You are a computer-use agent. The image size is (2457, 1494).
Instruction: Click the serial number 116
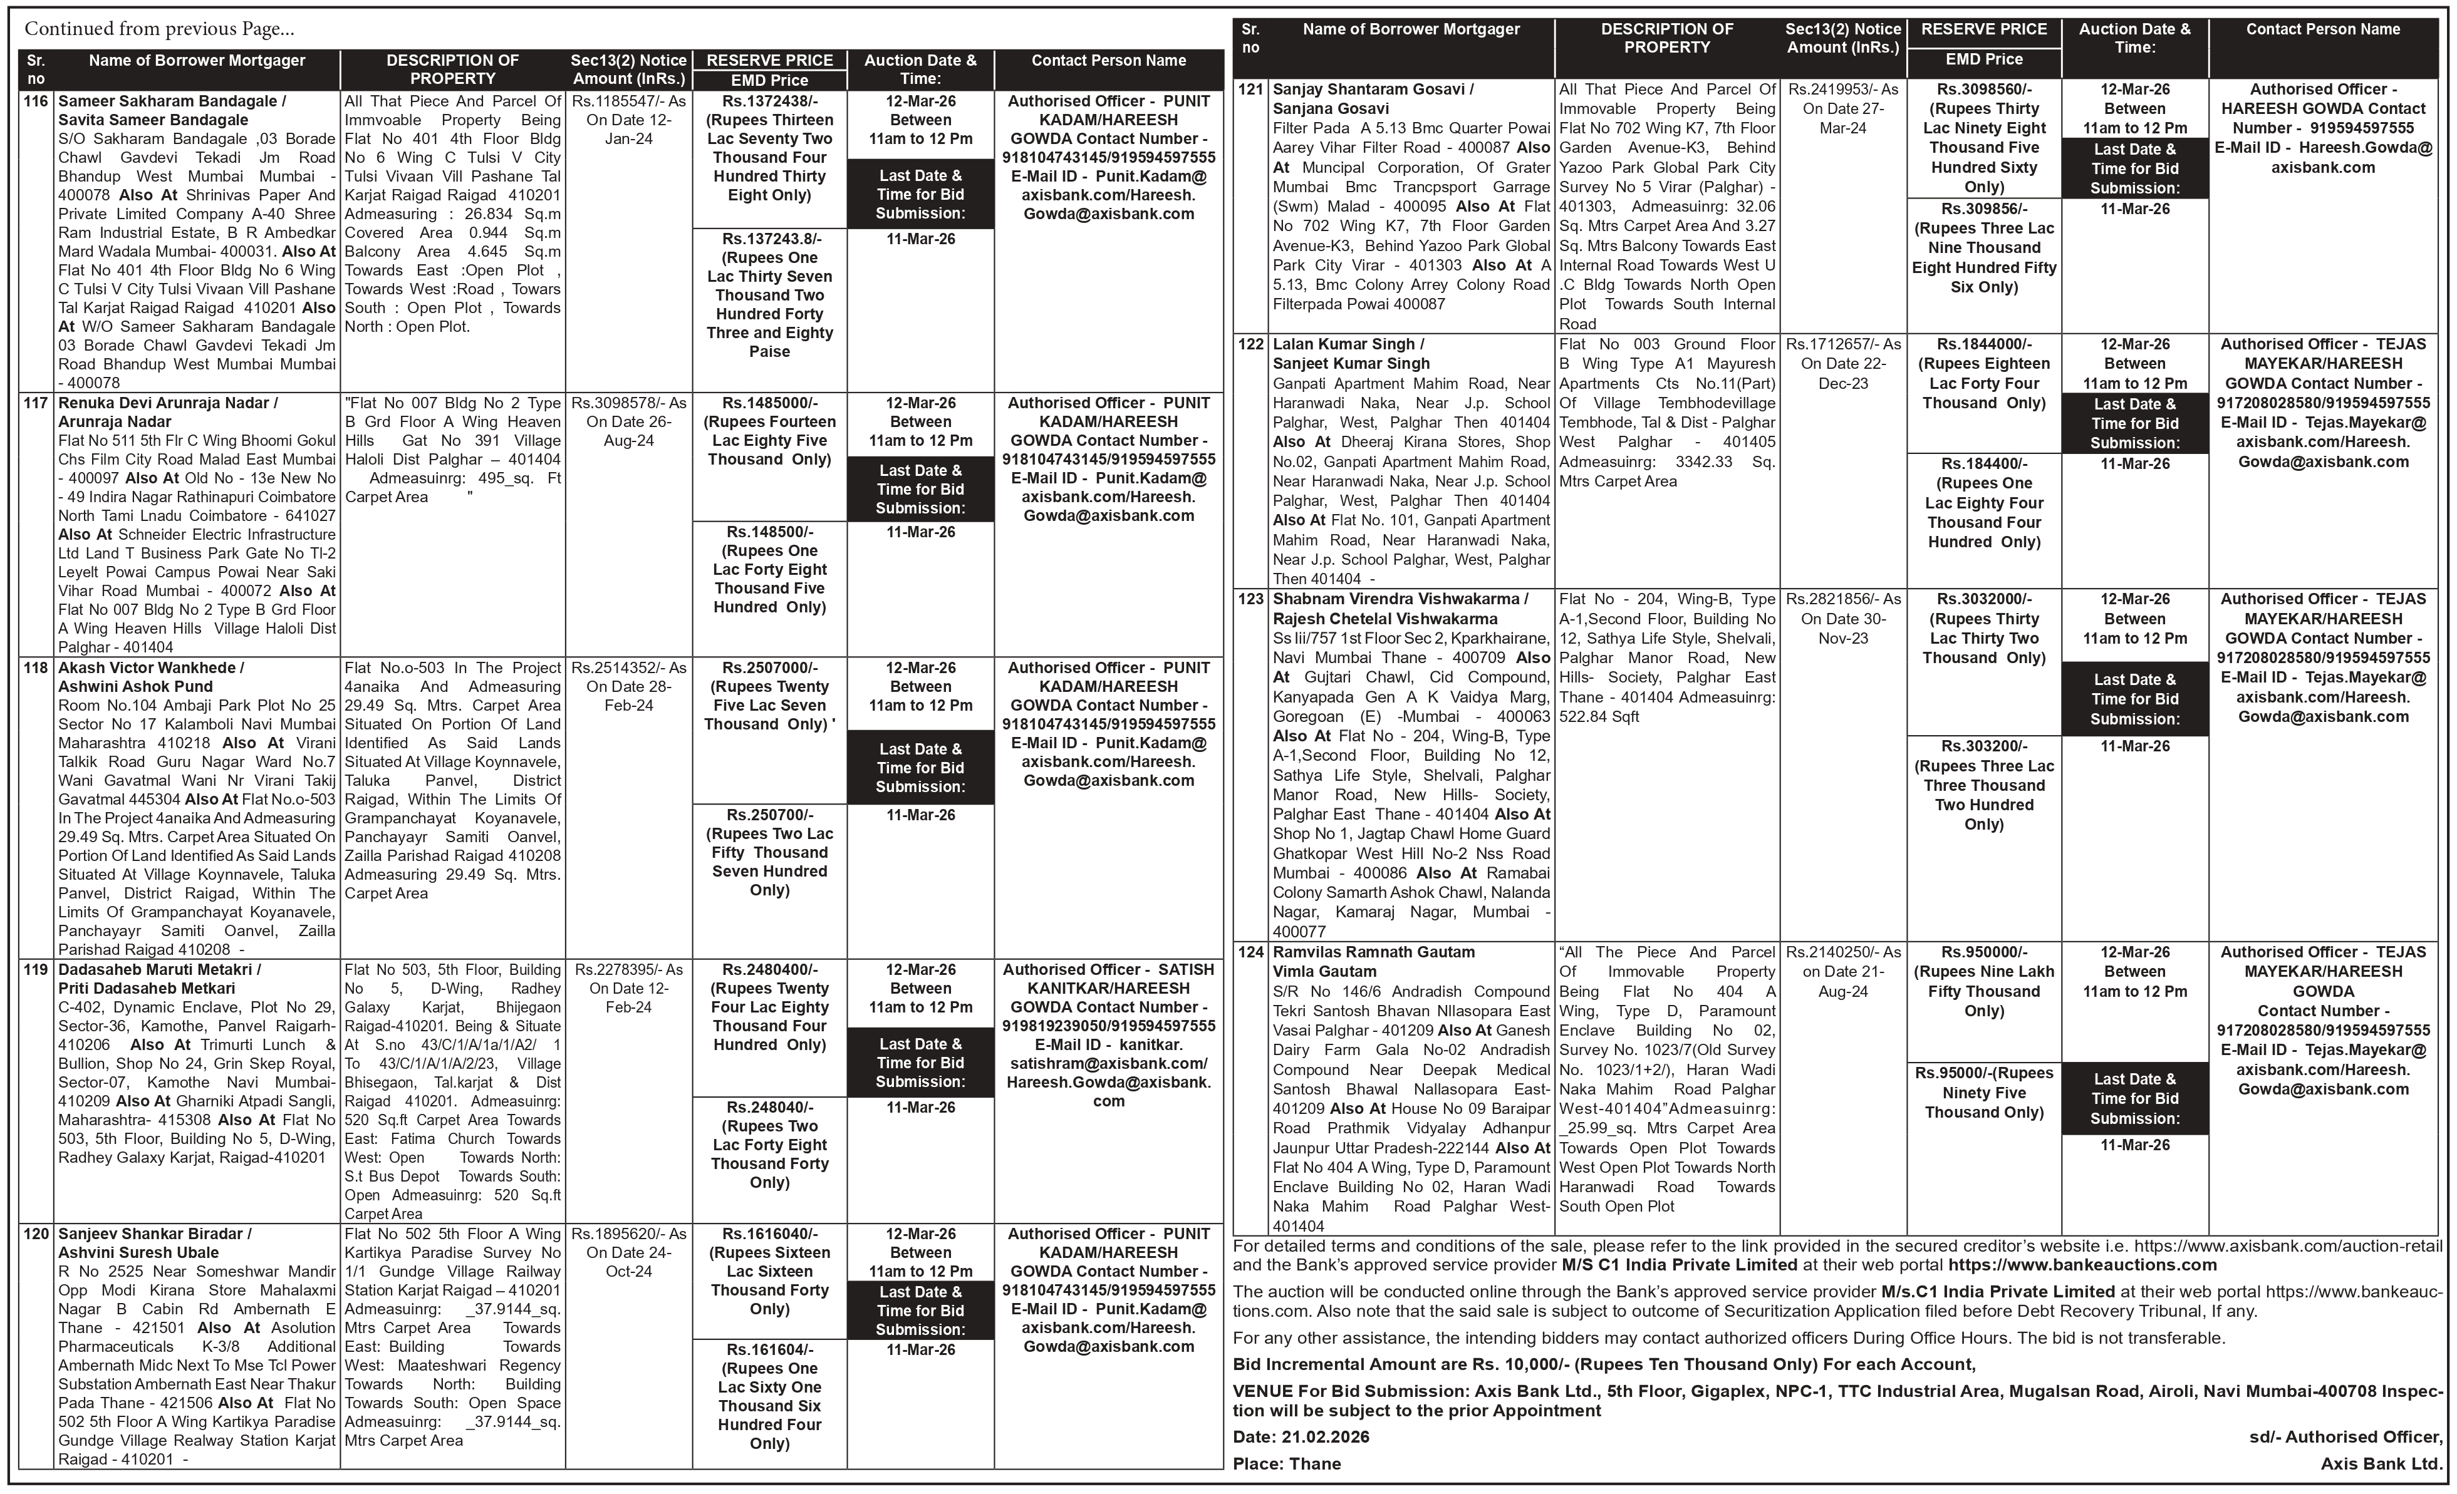pyautogui.click(x=36, y=101)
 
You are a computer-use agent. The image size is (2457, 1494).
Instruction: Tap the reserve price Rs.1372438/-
pyautogui.click(x=770, y=101)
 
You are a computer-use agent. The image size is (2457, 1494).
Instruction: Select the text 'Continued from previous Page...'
pyautogui.click(x=160, y=29)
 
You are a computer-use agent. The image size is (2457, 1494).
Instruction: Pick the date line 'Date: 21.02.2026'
pyautogui.click(x=1301, y=1437)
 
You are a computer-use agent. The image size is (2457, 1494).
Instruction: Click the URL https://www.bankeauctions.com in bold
pyautogui.click(x=2082, y=1265)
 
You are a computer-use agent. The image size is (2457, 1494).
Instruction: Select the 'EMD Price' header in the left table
pyautogui.click(x=770, y=80)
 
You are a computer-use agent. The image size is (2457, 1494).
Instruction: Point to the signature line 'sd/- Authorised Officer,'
pyautogui.click(x=2345, y=1437)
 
